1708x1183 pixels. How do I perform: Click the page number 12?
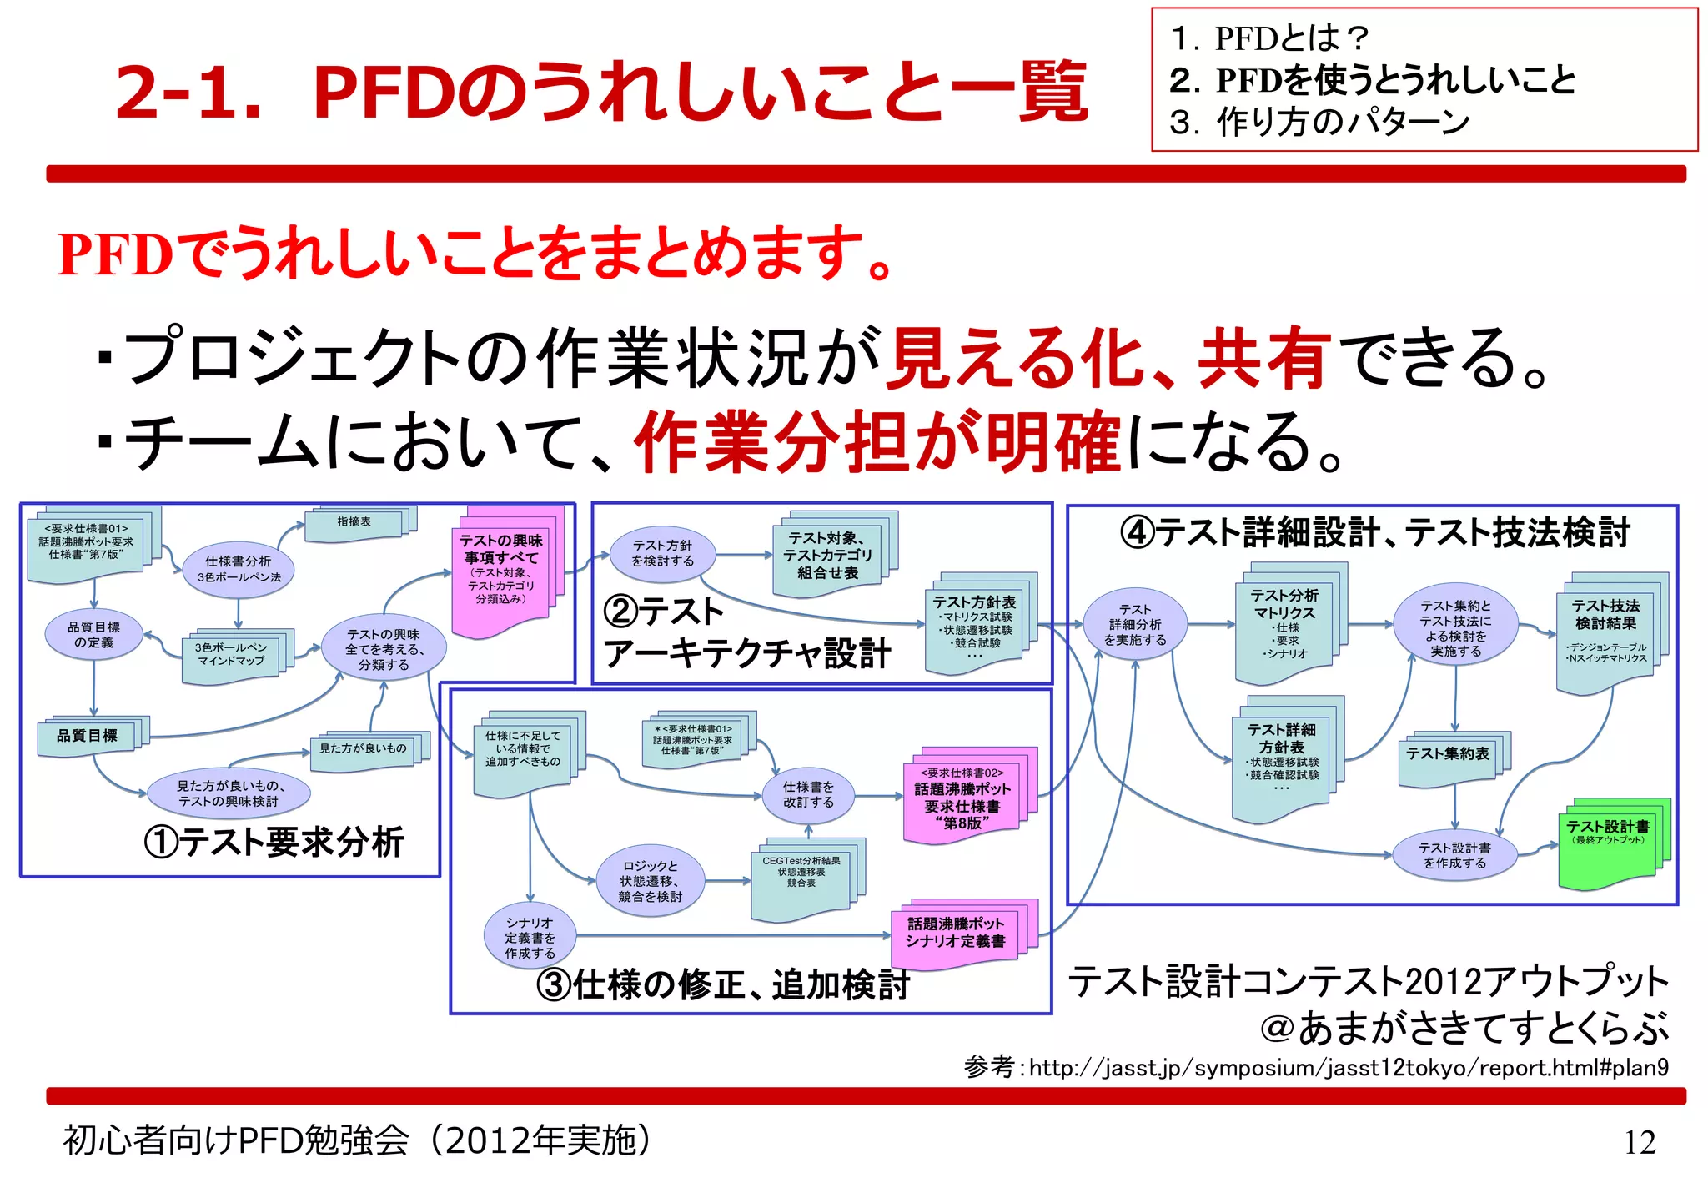point(1639,1141)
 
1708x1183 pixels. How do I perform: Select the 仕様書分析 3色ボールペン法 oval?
point(239,569)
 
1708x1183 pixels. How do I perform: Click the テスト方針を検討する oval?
point(662,553)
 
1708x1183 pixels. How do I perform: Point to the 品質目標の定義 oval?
point(93,635)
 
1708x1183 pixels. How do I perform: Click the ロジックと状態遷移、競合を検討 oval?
point(651,881)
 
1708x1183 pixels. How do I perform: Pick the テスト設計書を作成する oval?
point(1454,855)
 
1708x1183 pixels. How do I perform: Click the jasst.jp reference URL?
point(1348,1068)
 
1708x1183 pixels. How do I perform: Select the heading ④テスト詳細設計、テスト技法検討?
point(1374,531)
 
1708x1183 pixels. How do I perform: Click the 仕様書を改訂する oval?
point(808,794)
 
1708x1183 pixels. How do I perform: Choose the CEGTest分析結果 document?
point(801,875)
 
